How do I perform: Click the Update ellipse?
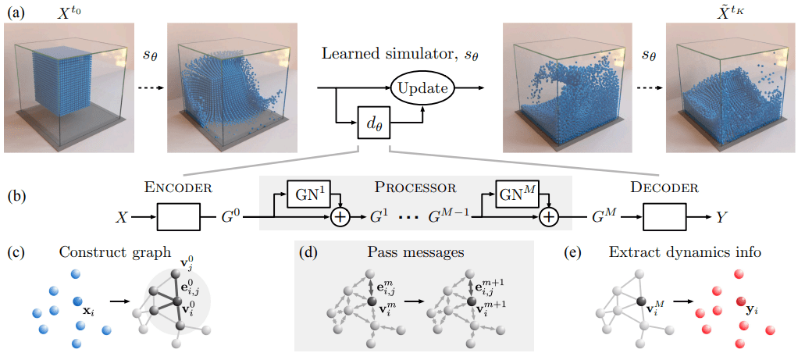422,89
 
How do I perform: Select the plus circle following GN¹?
340,217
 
